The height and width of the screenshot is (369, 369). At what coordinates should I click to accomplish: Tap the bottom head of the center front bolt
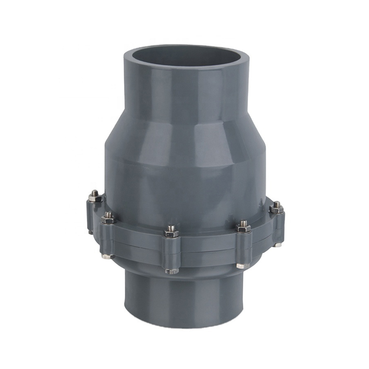point(172,271)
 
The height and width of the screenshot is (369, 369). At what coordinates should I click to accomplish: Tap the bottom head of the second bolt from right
point(243,266)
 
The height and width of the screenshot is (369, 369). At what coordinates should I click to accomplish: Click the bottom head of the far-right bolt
point(278,244)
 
